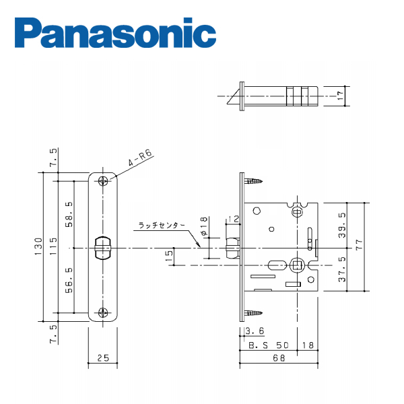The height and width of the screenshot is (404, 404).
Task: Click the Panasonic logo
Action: (x=115, y=33)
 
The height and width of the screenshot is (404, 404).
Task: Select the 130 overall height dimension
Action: (x=38, y=246)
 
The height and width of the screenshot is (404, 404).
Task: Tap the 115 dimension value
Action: (x=53, y=246)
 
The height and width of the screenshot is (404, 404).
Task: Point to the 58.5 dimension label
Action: (x=69, y=215)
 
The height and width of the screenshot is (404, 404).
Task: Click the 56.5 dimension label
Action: (x=69, y=280)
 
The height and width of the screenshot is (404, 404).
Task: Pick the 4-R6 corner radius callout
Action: (x=140, y=158)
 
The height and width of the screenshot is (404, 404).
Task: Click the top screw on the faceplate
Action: (x=103, y=181)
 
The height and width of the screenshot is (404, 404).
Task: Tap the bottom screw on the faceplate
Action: (x=103, y=313)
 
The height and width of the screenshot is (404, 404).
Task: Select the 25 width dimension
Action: (x=103, y=358)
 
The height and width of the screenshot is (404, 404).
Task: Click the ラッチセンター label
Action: (x=162, y=226)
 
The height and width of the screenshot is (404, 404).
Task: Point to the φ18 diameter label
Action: (x=203, y=226)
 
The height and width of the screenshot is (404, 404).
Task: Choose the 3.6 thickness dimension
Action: (x=255, y=331)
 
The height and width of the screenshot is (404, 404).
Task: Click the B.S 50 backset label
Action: (x=269, y=345)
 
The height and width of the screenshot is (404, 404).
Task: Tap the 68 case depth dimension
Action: (x=279, y=358)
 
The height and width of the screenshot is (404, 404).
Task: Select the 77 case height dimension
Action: (x=359, y=244)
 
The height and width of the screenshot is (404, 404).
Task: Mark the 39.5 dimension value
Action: (x=343, y=225)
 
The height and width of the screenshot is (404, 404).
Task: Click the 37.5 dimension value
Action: (x=343, y=269)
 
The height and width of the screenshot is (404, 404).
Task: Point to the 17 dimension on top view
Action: (x=340, y=96)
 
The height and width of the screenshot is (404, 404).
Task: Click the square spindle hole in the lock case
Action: (x=298, y=265)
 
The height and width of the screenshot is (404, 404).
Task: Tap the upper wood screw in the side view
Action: (x=254, y=181)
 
